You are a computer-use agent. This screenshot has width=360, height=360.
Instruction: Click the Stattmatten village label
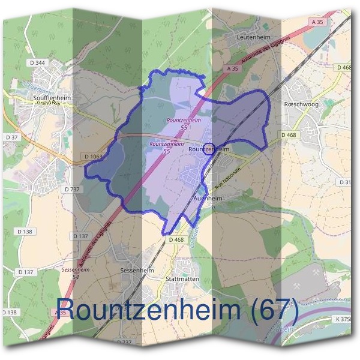[x=182, y=279]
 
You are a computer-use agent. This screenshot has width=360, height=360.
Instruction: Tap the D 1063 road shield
[x=94, y=157]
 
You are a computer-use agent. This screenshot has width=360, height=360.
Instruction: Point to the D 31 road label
[x=346, y=182]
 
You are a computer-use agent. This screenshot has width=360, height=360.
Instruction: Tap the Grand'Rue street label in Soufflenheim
[x=49, y=103]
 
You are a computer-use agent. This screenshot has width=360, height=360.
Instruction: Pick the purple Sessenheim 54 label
[x=73, y=273]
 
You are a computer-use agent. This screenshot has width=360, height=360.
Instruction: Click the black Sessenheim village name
[x=137, y=271]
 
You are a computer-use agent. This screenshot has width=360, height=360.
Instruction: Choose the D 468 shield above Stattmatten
[x=176, y=240]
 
